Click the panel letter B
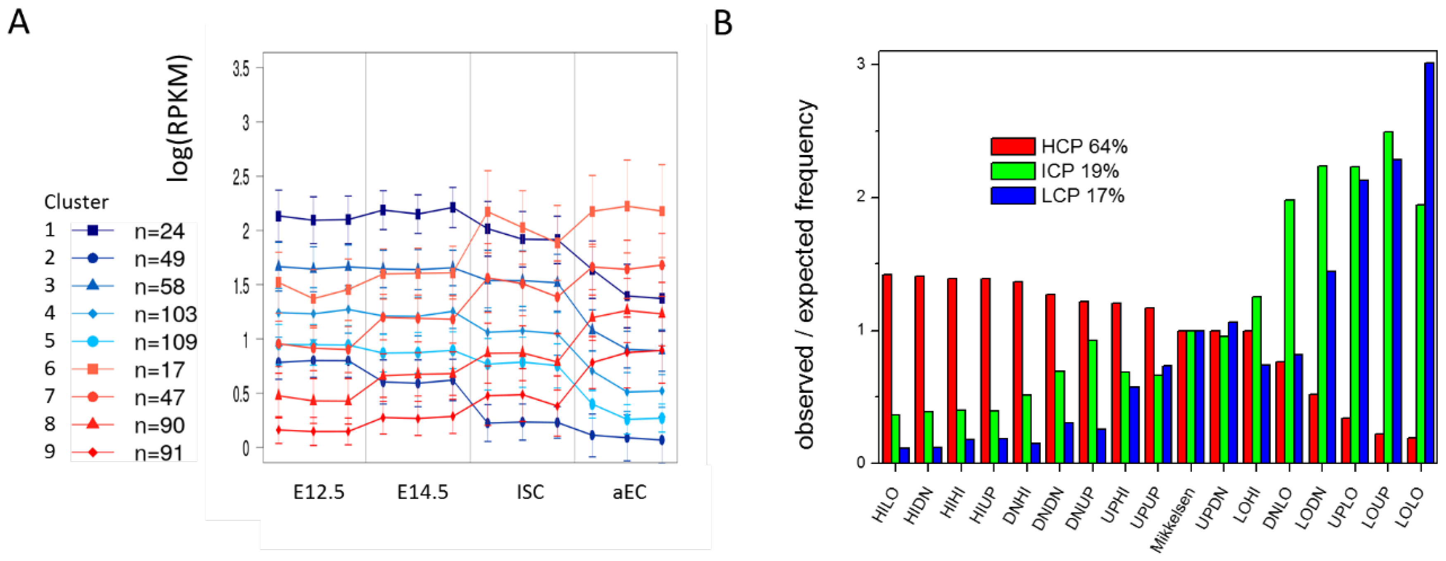pyautogui.click(x=723, y=24)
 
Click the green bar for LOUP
pyautogui.click(x=1388, y=297)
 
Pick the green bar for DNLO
pyautogui.click(x=1289, y=331)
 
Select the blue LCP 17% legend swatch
pyautogui.click(x=1012, y=195)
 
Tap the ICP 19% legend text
pyautogui.click(x=1079, y=171)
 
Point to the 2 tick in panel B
pyautogui.click(x=862, y=198)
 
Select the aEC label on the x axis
pyautogui.click(x=629, y=492)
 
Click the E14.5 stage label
pyautogui.click(x=423, y=492)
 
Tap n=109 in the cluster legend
pyautogui.click(x=166, y=342)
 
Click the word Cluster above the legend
pyautogui.click(x=76, y=202)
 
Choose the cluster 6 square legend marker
pyautogui.click(x=93, y=368)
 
